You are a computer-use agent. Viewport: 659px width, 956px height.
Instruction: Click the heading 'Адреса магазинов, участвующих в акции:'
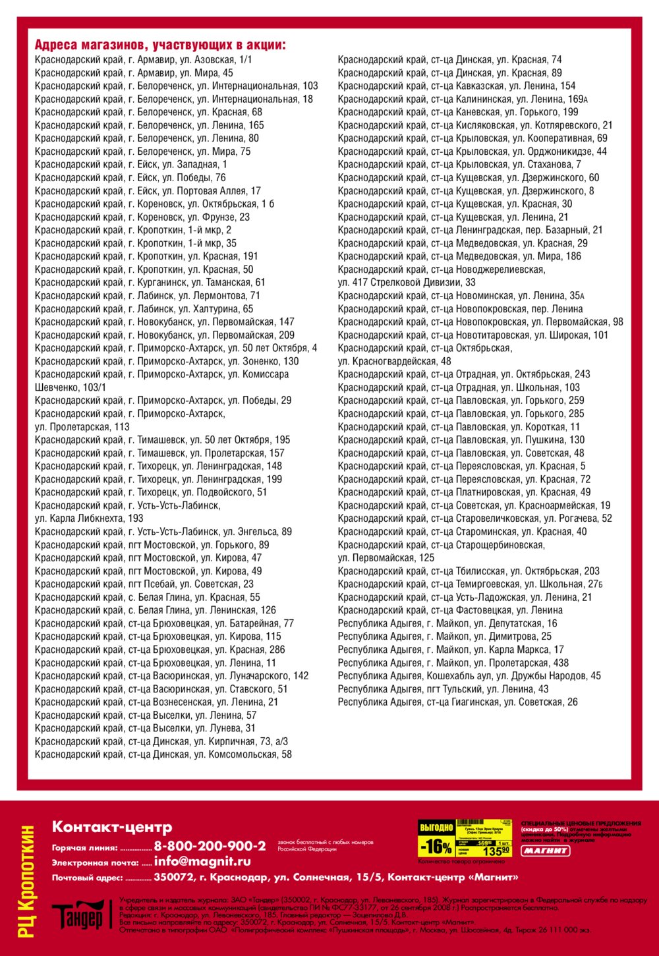(160, 45)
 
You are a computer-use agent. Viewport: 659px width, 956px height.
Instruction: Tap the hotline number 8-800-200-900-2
(210, 846)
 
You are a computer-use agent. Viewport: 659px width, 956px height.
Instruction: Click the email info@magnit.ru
(202, 861)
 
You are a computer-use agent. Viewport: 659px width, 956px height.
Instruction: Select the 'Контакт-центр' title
(112, 827)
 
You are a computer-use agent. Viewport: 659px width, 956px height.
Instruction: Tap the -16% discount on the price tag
(436, 847)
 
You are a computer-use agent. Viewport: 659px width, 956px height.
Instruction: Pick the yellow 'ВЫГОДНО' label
(436, 827)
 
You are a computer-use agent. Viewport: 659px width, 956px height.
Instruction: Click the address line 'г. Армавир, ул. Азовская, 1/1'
(143, 59)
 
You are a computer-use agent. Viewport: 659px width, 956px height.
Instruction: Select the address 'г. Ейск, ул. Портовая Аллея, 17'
(148, 190)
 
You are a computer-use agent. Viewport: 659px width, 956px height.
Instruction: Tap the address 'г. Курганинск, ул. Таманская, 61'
(150, 282)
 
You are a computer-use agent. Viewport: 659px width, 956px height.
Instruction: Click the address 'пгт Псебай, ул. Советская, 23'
(144, 584)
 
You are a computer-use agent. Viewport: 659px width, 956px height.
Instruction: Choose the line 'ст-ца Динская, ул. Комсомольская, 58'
(163, 754)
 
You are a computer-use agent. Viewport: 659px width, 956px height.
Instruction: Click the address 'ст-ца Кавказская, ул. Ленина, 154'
(456, 86)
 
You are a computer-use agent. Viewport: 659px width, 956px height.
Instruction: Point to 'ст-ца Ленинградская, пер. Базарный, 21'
(470, 230)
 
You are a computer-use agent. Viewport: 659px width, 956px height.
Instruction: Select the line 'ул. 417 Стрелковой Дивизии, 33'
(406, 282)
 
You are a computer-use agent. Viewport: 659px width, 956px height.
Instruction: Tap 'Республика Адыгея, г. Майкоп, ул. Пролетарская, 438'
(453, 663)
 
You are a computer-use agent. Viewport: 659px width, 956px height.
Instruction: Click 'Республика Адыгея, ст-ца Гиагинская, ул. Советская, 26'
(457, 702)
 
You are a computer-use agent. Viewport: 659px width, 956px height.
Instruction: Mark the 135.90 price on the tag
(496, 851)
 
